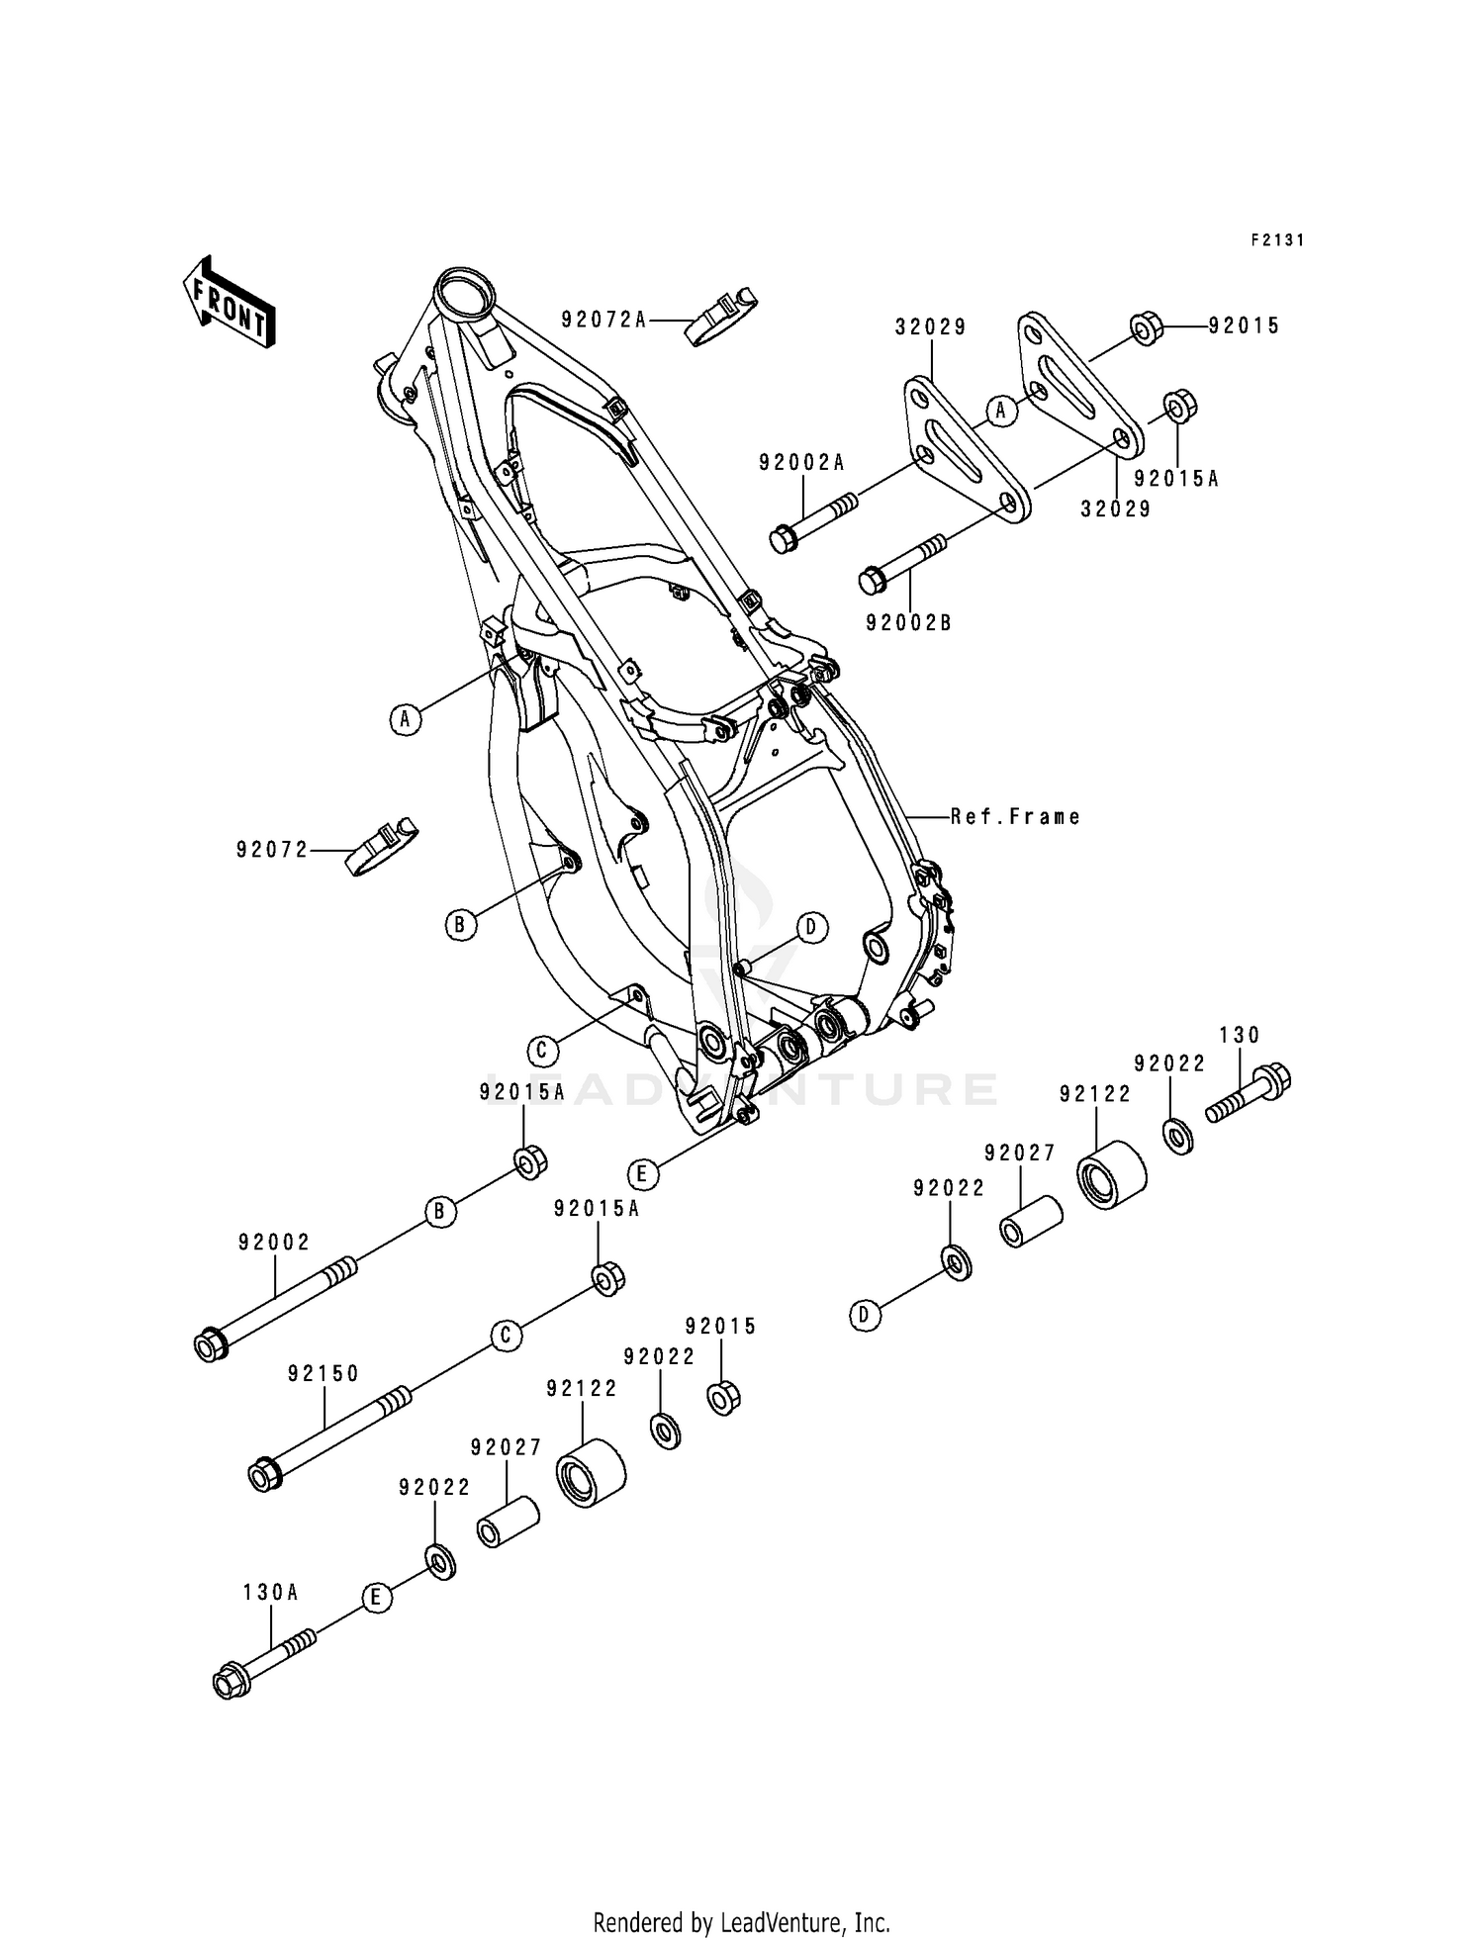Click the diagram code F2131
(1277, 239)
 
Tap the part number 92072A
(603, 319)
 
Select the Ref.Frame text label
(1015, 816)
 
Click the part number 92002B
(908, 623)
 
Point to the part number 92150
(324, 1373)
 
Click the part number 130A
(271, 1592)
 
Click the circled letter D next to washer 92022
(865, 1315)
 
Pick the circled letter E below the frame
(642, 1174)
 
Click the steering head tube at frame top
(465, 294)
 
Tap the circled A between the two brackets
(1001, 410)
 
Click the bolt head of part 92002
(209, 1346)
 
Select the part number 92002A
(802, 462)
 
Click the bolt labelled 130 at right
(1250, 1092)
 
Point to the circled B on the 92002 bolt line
(441, 1211)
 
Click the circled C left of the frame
(541, 1050)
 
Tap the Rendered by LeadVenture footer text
(741, 1922)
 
